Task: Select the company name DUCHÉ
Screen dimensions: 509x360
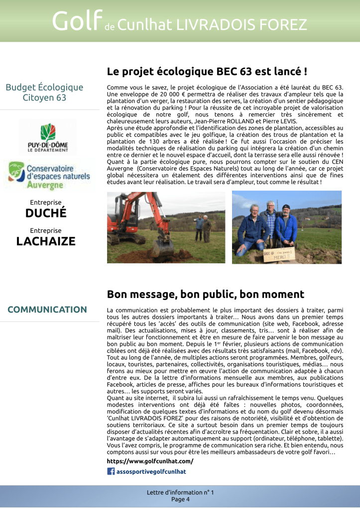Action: [x=46, y=214]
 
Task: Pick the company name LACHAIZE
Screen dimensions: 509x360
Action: [x=46, y=242]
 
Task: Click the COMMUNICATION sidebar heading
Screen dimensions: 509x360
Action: [x=47, y=309]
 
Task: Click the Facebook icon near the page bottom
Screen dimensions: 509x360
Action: [x=111, y=471]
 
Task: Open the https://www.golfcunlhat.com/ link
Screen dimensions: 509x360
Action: [x=150, y=461]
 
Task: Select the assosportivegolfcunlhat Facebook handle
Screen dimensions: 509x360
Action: [x=151, y=471]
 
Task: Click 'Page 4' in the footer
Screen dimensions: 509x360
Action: [x=180, y=500]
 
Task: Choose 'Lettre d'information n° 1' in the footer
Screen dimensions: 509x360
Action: [x=180, y=493]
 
